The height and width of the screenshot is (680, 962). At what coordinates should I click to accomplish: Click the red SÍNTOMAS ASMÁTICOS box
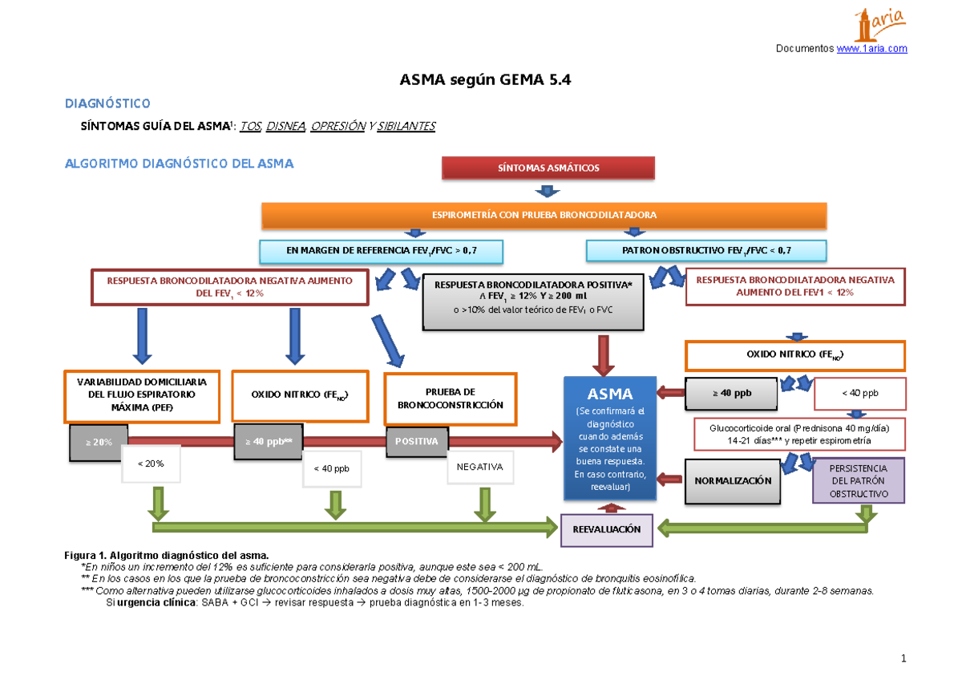(548, 168)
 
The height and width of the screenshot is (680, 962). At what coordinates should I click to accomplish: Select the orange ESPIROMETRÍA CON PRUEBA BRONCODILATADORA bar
(544, 215)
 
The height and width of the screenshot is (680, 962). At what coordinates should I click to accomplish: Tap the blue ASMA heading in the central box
(610, 394)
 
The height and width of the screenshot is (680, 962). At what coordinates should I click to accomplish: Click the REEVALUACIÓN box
(606, 530)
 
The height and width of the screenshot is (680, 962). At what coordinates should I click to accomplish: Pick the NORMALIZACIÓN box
(733, 480)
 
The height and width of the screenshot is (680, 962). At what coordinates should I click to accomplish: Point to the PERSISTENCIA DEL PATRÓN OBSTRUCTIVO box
(859, 480)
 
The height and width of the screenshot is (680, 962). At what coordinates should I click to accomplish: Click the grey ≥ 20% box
(99, 443)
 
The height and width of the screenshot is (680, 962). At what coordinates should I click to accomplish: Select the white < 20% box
(151, 463)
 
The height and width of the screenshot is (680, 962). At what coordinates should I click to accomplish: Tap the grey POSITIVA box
(417, 442)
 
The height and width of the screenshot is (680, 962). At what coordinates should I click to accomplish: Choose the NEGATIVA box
(479, 467)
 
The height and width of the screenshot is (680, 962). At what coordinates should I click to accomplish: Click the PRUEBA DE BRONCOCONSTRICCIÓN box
(450, 399)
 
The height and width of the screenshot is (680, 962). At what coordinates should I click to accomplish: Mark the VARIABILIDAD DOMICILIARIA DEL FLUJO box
(142, 395)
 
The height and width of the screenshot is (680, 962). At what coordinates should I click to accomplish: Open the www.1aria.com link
(872, 49)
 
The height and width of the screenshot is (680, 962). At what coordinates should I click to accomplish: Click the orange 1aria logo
(879, 25)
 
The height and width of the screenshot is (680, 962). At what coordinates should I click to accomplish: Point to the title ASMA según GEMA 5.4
(485, 80)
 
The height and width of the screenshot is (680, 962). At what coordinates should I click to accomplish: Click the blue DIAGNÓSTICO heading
(107, 103)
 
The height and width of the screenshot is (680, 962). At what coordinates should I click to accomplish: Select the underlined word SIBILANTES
(406, 126)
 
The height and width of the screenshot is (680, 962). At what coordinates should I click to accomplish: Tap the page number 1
(903, 658)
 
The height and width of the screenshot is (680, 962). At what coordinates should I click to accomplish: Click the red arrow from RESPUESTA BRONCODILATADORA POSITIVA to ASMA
(604, 356)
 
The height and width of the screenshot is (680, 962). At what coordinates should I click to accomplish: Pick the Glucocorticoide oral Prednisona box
(799, 435)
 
